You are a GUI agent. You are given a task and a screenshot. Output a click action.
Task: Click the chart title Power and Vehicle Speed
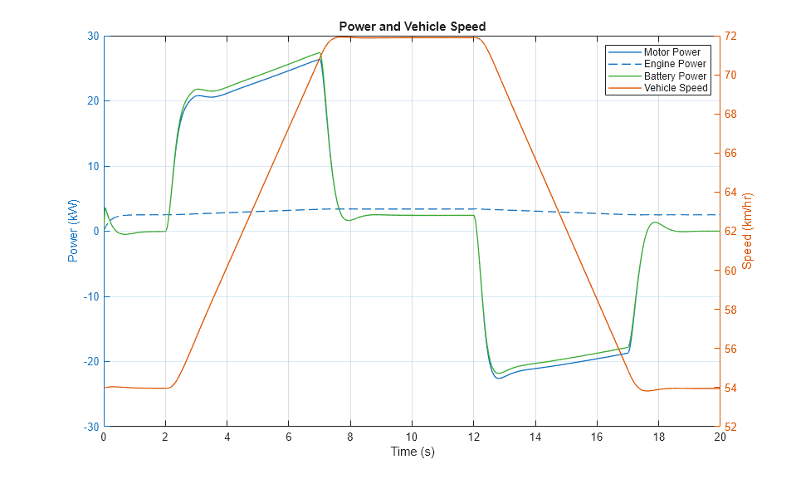tap(412, 27)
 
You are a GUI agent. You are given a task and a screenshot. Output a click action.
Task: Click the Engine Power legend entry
tap(675, 64)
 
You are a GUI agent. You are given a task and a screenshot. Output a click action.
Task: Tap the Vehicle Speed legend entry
tap(676, 88)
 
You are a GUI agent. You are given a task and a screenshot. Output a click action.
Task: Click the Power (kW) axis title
tap(73, 231)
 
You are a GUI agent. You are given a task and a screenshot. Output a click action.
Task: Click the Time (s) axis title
tap(412, 452)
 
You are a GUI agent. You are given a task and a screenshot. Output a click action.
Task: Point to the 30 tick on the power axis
tap(92, 37)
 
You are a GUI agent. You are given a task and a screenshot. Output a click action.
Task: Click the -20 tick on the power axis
tap(90, 362)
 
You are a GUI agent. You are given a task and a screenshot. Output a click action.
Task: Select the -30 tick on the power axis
tap(90, 427)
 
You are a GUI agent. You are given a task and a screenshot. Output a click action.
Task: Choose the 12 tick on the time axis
tap(473, 437)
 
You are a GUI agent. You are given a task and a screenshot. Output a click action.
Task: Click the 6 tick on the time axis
tap(289, 437)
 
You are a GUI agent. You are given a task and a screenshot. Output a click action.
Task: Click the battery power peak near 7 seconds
tap(320, 53)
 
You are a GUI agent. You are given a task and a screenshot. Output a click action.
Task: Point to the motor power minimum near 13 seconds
tap(499, 379)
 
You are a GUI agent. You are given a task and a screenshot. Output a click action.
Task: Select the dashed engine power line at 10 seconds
tap(412, 209)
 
